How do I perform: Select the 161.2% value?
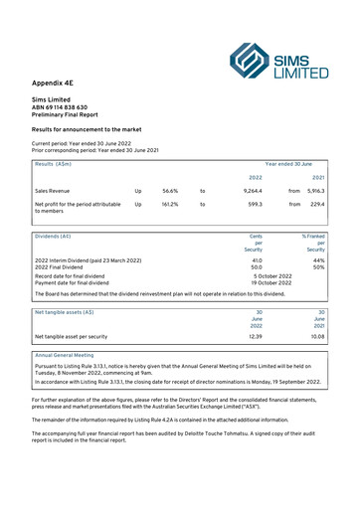(169, 204)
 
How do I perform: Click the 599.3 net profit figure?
(255, 204)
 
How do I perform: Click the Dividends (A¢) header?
(53, 237)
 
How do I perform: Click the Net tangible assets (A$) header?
(65, 312)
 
